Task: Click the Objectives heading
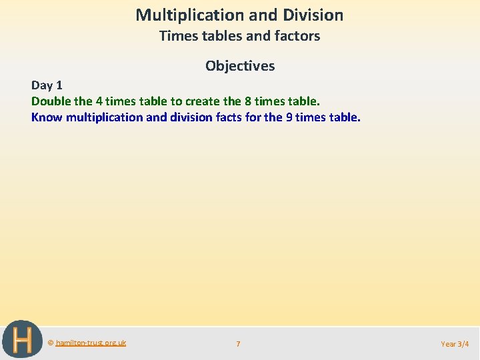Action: (x=240, y=65)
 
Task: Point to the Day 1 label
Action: (x=47, y=85)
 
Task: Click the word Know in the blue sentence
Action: (x=47, y=117)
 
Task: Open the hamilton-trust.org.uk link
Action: (x=91, y=343)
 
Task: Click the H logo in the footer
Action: (x=21, y=339)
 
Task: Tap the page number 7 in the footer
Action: (x=238, y=344)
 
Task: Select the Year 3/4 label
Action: (x=455, y=344)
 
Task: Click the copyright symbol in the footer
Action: (x=51, y=343)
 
